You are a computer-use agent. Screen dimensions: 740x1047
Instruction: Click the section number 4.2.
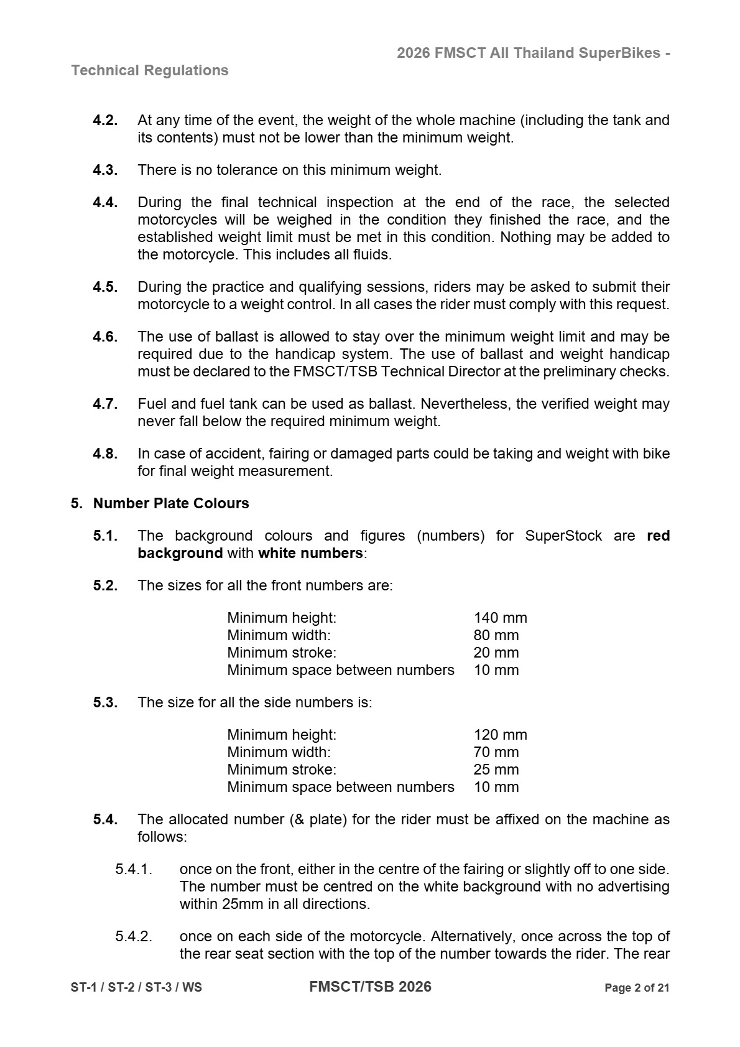[105, 120]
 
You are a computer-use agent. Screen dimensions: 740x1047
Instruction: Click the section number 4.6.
[105, 337]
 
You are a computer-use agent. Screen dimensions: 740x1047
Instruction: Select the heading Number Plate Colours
[171, 503]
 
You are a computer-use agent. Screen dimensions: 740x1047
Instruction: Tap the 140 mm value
[500, 618]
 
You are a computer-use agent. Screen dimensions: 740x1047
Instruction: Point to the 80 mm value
[496, 635]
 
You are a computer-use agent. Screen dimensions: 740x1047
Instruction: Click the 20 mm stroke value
[496, 653]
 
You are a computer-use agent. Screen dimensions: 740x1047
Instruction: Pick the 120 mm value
[500, 735]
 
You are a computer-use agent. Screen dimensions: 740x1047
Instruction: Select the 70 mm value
[496, 752]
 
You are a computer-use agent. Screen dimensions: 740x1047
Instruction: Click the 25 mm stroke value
[496, 770]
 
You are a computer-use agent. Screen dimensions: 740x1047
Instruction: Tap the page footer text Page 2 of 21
[637, 988]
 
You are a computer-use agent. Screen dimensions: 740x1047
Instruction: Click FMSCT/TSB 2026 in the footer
[370, 987]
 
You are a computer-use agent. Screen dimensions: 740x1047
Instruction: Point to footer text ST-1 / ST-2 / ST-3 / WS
[136, 988]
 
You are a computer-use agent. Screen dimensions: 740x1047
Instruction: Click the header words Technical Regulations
[150, 70]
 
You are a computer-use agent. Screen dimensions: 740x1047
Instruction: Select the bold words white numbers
[310, 553]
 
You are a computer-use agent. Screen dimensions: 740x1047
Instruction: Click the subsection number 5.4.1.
[133, 869]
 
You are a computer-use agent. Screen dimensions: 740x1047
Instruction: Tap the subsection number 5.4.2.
[133, 936]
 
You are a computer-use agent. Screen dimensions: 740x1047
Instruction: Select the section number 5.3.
[105, 702]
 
